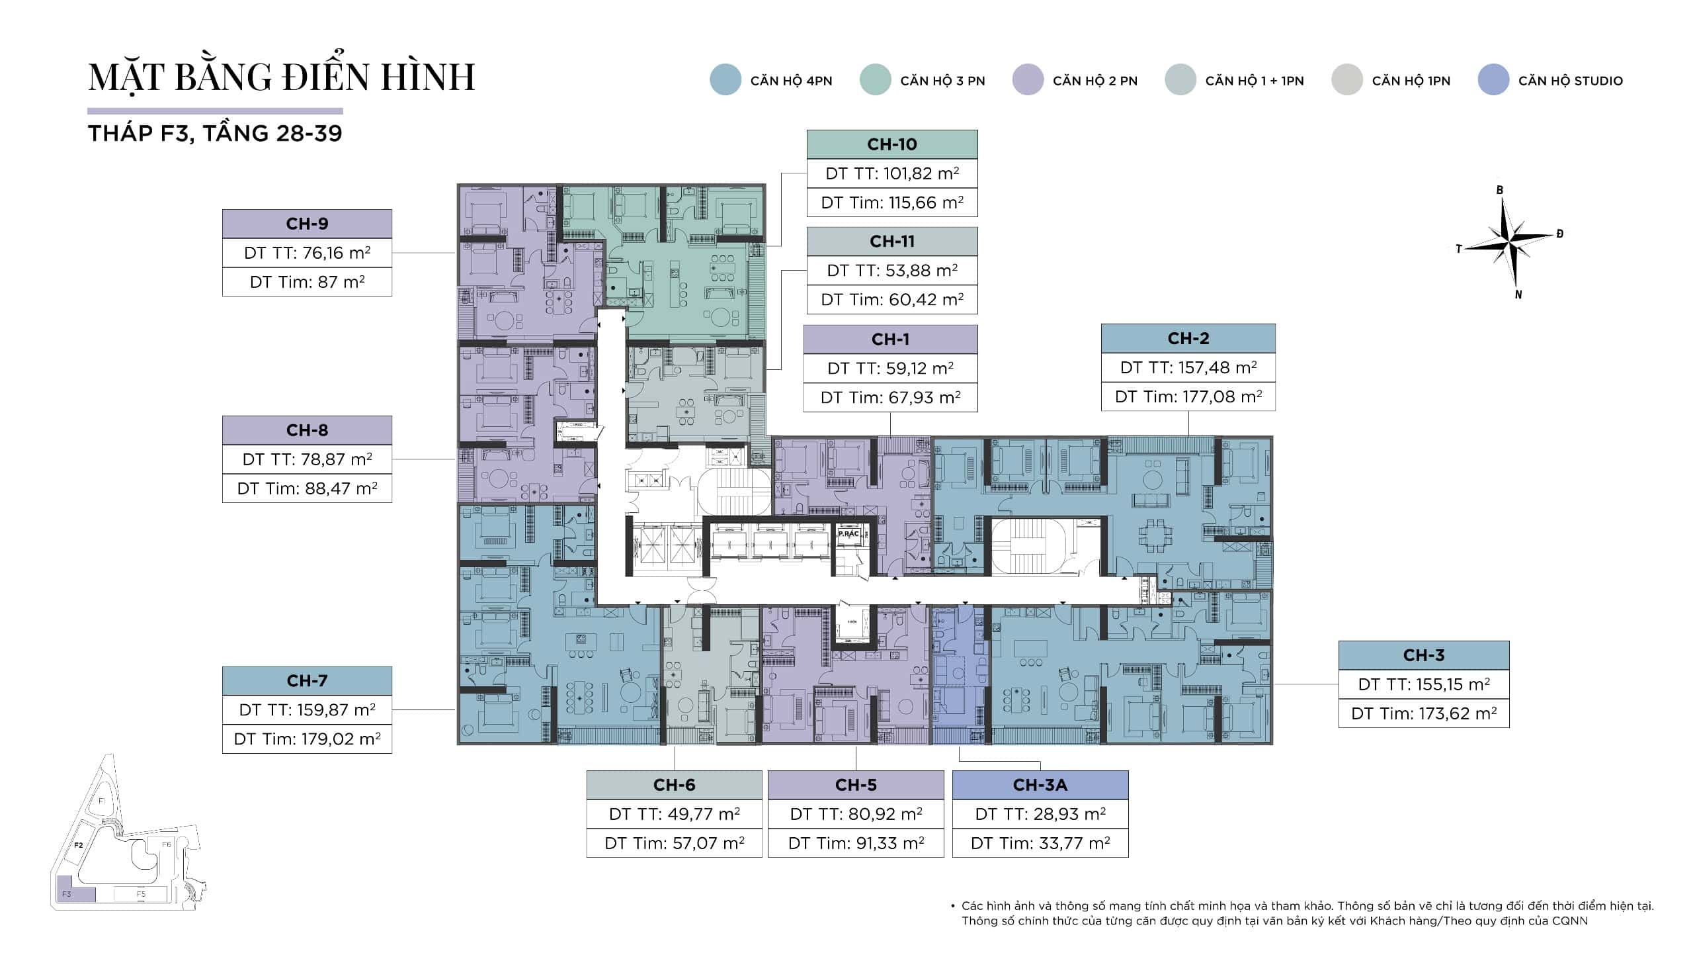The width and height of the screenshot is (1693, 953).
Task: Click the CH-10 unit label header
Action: click(x=892, y=144)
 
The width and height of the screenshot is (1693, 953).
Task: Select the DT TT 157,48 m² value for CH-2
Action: click(x=1188, y=367)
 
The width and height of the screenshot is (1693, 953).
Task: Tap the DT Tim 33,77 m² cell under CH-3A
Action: click(x=1040, y=843)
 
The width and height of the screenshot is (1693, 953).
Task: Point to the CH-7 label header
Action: click(x=307, y=681)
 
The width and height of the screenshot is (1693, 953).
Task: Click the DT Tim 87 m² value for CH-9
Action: click(x=307, y=282)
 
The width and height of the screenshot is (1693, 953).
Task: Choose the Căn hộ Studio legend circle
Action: click(x=1493, y=80)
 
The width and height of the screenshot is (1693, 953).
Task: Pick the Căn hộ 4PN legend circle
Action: click(x=725, y=80)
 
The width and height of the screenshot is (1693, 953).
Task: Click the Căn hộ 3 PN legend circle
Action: click(x=876, y=80)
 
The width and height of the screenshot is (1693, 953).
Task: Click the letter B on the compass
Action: click(x=1500, y=190)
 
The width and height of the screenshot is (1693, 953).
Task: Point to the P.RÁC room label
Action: click(x=848, y=533)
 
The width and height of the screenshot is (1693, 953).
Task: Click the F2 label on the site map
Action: click(x=79, y=845)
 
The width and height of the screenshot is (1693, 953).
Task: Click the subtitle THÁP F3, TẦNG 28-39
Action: click(x=215, y=134)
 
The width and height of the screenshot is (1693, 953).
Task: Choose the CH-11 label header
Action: click(x=892, y=242)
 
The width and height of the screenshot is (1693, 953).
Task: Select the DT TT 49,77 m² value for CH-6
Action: click(x=675, y=814)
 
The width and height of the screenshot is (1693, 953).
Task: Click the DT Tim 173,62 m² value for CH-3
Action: click(x=1424, y=713)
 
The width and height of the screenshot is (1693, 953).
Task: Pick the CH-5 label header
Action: click(x=856, y=785)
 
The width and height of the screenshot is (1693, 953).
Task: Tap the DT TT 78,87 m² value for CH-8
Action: click(x=307, y=459)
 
